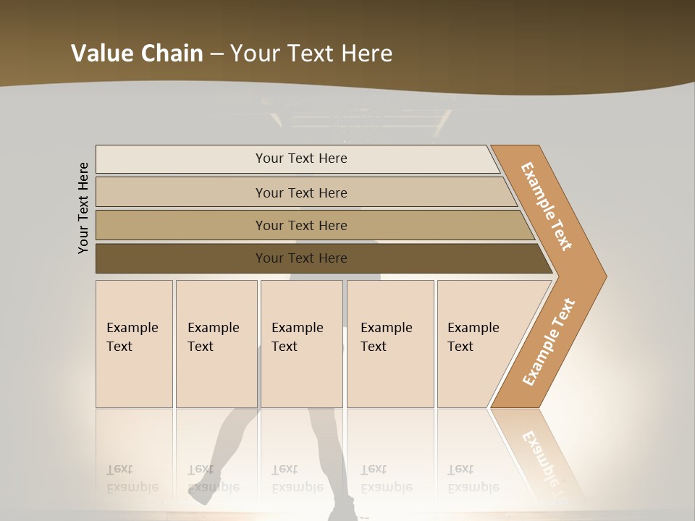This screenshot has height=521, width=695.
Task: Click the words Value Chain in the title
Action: pyautogui.click(x=137, y=54)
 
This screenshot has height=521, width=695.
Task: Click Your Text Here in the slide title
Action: pyautogui.click(x=311, y=54)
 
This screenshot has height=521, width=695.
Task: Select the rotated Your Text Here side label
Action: pyautogui.click(x=83, y=208)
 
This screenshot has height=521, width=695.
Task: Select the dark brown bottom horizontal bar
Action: pyautogui.click(x=181, y=258)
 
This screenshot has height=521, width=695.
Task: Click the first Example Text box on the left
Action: pyautogui.click(x=134, y=344)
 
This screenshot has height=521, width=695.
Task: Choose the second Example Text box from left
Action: pyautogui.click(x=216, y=344)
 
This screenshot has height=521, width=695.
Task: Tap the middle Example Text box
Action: pyautogui.click(x=301, y=344)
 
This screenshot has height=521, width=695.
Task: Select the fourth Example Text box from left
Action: pyautogui.click(x=389, y=344)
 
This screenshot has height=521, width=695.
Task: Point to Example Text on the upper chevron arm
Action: pyautogui.click(x=547, y=206)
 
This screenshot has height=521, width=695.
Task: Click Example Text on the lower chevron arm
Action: pyautogui.click(x=548, y=342)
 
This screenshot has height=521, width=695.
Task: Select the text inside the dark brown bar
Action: pyautogui.click(x=301, y=258)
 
